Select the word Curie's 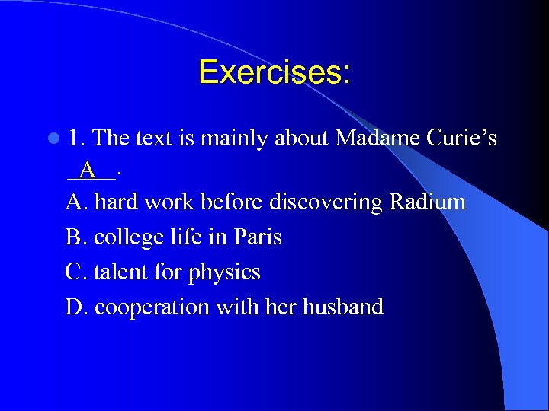[461, 138]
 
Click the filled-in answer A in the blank [88, 170]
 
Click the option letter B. [76, 237]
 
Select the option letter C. [76, 272]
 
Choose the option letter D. [76, 307]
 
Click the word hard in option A [116, 202]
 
